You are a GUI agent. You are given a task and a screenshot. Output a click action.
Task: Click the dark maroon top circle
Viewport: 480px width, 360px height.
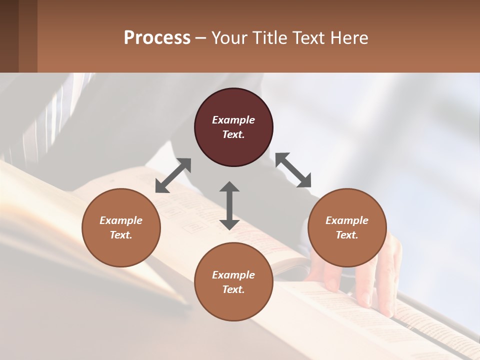click(233, 127)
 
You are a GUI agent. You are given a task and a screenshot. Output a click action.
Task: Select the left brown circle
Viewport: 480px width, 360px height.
click(121, 228)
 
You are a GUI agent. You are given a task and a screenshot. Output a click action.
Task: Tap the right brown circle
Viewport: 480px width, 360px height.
click(347, 228)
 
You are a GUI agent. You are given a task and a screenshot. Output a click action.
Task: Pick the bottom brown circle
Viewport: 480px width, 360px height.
click(233, 282)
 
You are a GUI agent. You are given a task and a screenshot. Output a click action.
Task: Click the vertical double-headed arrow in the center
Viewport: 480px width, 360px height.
click(229, 205)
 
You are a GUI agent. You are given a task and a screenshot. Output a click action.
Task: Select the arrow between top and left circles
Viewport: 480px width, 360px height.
click(173, 175)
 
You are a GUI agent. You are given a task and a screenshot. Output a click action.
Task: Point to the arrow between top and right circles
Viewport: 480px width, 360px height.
click(293, 170)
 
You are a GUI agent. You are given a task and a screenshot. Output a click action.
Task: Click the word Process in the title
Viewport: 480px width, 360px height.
click(157, 37)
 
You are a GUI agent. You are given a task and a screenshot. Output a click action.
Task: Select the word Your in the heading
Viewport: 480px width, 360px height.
click(228, 37)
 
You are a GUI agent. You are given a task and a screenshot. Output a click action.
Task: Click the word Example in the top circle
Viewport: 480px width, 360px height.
click(233, 120)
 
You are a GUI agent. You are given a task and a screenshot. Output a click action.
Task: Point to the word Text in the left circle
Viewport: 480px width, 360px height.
click(121, 235)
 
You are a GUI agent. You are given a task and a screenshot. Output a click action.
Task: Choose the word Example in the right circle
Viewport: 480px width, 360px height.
click(347, 220)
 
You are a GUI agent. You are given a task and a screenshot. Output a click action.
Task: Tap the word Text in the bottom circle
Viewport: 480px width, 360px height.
click(233, 289)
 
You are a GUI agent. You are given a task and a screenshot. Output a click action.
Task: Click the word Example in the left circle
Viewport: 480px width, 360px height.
click(121, 220)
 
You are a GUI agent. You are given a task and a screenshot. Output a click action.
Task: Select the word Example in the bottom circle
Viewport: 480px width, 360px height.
click(233, 275)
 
